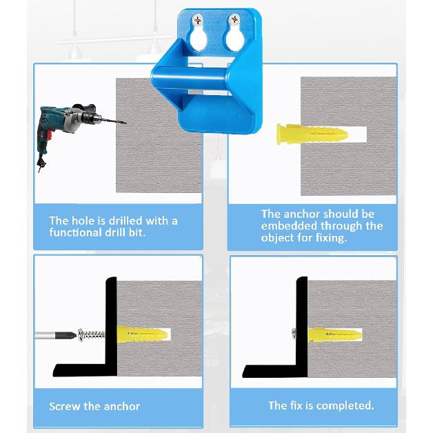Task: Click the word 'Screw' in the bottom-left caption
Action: coord(64,406)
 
